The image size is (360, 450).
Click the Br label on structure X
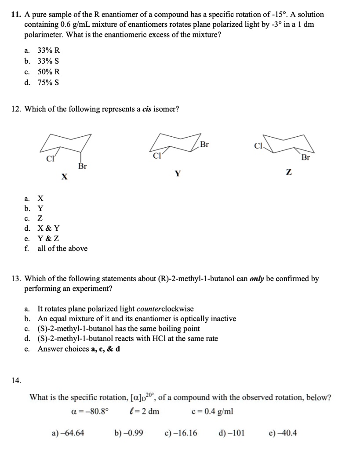(x=82, y=166)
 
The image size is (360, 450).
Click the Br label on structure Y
(x=204, y=144)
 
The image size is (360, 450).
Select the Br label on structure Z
(x=305, y=157)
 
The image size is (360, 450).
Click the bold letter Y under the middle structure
(x=177, y=174)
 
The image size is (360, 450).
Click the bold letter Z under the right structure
(x=288, y=174)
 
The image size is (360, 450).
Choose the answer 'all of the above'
(x=62, y=249)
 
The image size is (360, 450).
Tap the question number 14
(x=16, y=381)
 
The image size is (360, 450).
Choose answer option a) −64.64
(x=68, y=433)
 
